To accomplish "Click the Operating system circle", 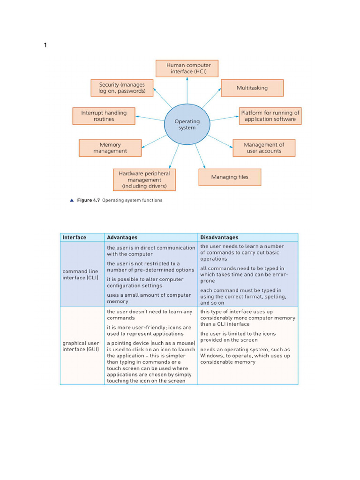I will pyautogui.click(x=187, y=124).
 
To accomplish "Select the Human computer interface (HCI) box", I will pyautogui.click(x=187, y=68).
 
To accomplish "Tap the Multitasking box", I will pyautogui.click(x=252, y=88).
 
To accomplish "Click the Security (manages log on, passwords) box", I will pyautogui.click(x=122, y=88).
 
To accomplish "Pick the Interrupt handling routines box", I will pyautogui.click(x=104, y=116).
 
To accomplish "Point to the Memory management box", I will pyautogui.click(x=110, y=148).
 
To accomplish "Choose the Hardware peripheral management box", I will pyautogui.click(x=144, y=180).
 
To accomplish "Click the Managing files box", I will pyautogui.click(x=230, y=177).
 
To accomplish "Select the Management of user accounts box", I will pyautogui.click(x=264, y=148).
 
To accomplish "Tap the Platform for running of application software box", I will pyautogui.click(x=270, y=116).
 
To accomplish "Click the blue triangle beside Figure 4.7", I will pyautogui.click(x=72, y=200).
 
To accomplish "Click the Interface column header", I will pyautogui.click(x=75, y=237).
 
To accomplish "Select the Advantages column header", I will pyautogui.click(x=122, y=237).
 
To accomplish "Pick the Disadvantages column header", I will pyautogui.click(x=219, y=237).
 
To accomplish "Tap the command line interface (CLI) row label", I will pyautogui.click(x=81, y=274).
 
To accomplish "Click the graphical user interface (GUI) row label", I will pyautogui.click(x=81, y=346).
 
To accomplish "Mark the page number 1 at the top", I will pyautogui.click(x=45, y=45).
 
